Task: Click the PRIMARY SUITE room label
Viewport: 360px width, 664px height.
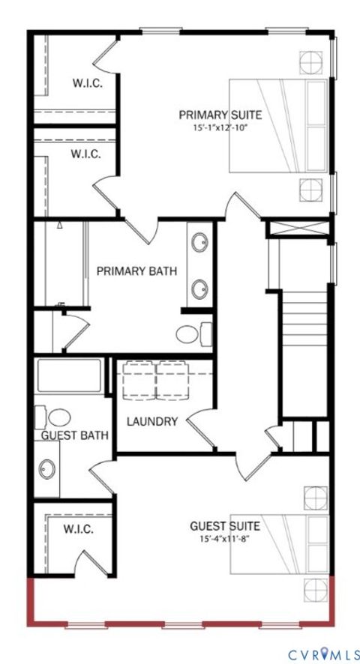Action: point(220,115)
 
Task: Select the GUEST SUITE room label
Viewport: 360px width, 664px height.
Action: point(225,526)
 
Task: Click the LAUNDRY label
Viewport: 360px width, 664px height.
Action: point(152,421)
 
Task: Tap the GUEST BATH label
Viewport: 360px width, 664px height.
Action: point(75,435)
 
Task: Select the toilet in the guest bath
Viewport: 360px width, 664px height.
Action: point(57,416)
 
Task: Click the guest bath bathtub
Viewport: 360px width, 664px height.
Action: point(69,375)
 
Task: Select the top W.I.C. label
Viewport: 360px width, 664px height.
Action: point(87,83)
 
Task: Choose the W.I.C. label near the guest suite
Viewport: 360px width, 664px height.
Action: point(78,530)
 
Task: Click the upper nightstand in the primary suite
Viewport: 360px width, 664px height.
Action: point(310,60)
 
